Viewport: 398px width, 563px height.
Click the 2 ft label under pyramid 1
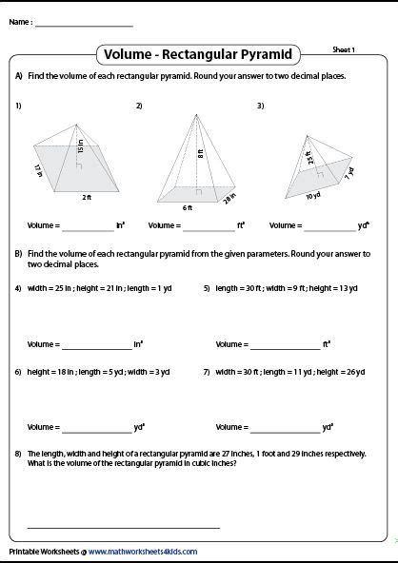point(86,198)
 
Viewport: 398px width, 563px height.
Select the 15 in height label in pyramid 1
point(82,149)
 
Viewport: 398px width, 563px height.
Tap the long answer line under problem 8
point(124,526)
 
